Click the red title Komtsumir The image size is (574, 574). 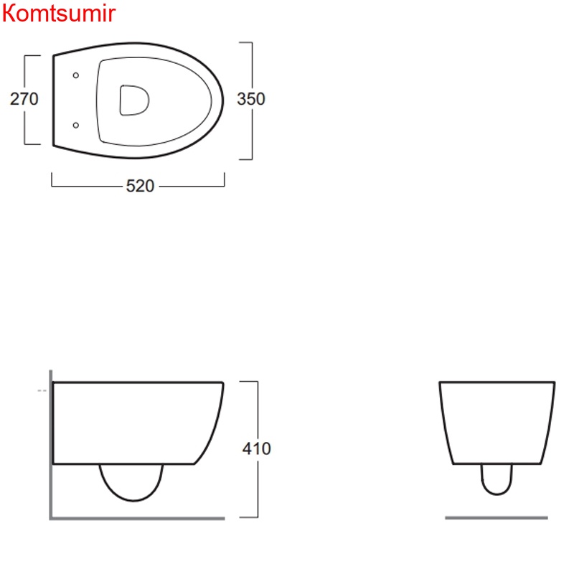[x=59, y=13]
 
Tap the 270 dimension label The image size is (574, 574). [x=24, y=99]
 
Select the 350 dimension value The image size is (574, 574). [x=250, y=99]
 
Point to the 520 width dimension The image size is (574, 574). [x=140, y=186]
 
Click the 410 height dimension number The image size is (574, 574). [x=257, y=448]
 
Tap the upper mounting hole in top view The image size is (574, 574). [x=76, y=75]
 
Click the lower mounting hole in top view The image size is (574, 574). [x=76, y=126]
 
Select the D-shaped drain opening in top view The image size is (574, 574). [x=134, y=100]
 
